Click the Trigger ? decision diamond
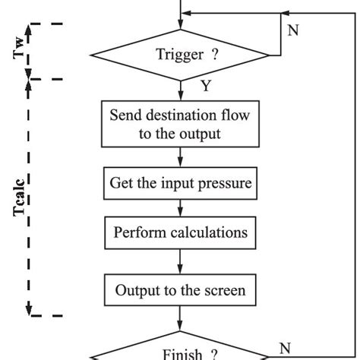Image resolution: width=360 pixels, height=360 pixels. point(180,54)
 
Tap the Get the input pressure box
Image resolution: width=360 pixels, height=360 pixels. point(180,183)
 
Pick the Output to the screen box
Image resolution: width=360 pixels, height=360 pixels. point(180,289)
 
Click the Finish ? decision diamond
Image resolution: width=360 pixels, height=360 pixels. point(180,351)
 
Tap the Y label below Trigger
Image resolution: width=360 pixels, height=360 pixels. point(206,86)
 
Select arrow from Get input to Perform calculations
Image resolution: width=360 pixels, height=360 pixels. point(180,207)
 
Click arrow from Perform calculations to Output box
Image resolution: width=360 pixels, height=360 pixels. point(180,261)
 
